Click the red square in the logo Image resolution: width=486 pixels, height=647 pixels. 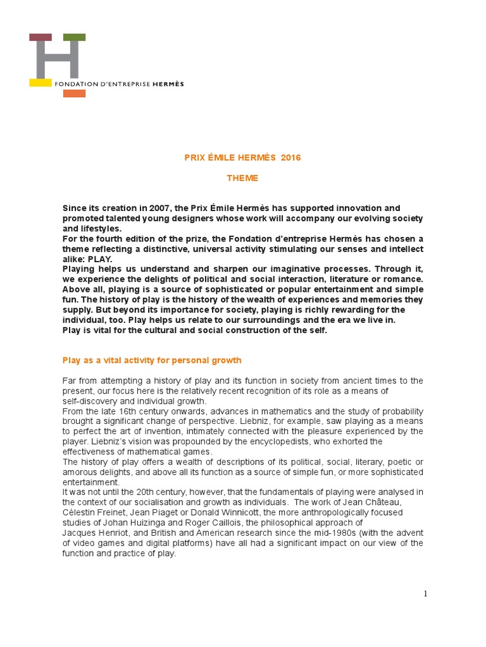[x=40, y=37]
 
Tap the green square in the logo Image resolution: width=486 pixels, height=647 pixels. [x=74, y=37]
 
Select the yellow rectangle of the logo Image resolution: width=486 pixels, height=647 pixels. [x=40, y=83]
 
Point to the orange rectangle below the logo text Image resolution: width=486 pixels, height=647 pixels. [x=74, y=94]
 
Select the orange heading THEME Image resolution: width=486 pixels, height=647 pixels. [x=243, y=178]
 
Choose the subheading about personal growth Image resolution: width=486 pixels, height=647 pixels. [x=152, y=360]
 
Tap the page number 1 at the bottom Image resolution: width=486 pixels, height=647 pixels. [x=426, y=593]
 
